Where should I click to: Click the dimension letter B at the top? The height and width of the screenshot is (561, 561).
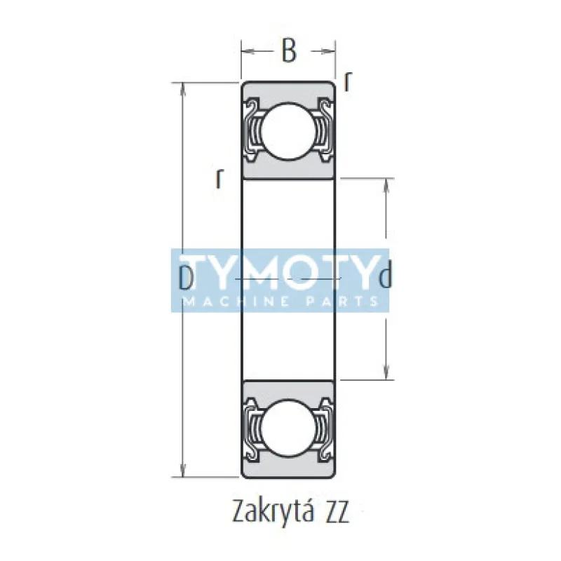pos(288,51)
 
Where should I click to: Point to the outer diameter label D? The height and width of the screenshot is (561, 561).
pos(187,278)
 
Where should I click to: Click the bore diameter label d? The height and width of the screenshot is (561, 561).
pos(384,278)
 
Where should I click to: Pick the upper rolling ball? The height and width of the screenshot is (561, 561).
pos(288,130)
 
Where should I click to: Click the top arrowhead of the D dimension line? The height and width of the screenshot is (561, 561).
pos(184,88)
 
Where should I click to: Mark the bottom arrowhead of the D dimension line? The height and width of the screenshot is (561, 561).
pos(184,473)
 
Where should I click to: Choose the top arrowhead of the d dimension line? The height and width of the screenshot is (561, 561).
pos(386,184)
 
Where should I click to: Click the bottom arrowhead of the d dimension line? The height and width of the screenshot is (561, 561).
pos(386,374)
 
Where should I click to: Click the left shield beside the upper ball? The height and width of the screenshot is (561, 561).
pos(253,130)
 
